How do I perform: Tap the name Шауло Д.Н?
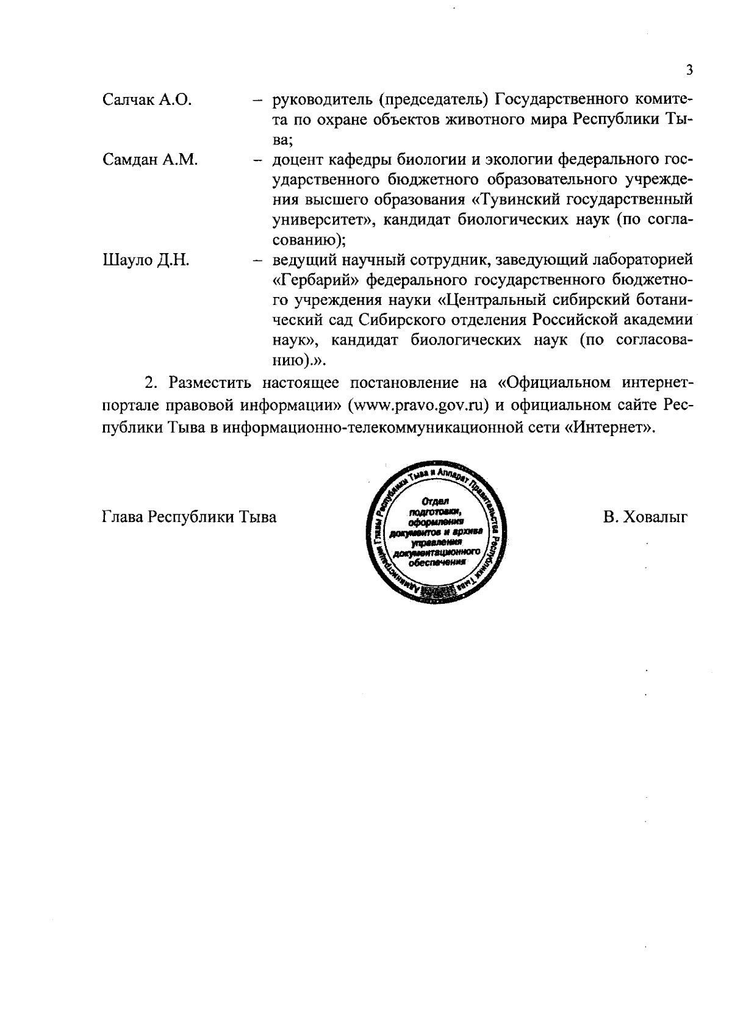(145, 260)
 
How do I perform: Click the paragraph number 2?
(148, 383)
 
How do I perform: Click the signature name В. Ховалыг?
(645, 517)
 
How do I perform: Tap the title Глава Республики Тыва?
(188, 517)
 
